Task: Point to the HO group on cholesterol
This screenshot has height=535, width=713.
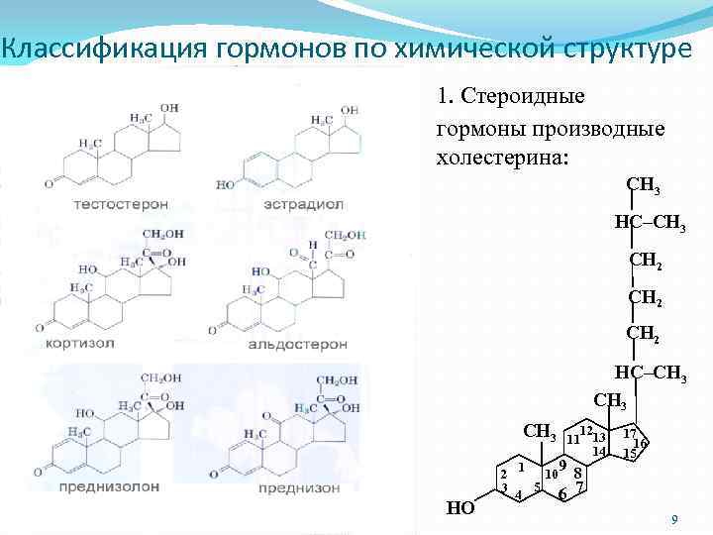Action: pyautogui.click(x=460, y=508)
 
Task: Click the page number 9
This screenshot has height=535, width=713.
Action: pyautogui.click(x=674, y=519)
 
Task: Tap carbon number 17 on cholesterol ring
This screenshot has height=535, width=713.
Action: pyautogui.click(x=629, y=433)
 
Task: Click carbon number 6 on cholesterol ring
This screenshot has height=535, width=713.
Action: pyautogui.click(x=561, y=494)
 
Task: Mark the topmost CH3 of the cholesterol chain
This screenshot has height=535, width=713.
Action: pyautogui.click(x=643, y=186)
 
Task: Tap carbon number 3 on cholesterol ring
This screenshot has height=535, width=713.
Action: pyautogui.click(x=504, y=487)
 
